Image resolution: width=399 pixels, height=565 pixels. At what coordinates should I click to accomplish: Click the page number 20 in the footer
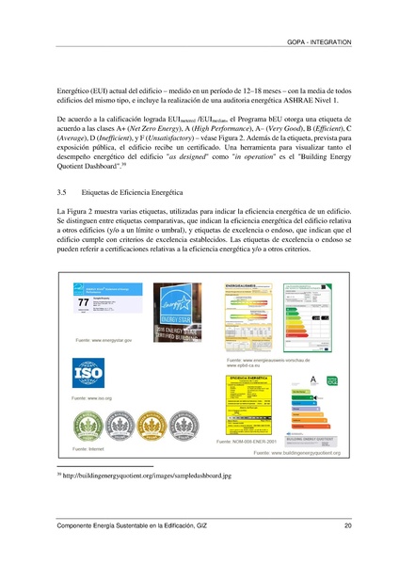click(x=347, y=525)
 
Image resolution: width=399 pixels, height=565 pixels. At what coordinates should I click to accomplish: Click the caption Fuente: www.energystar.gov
click(x=97, y=339)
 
